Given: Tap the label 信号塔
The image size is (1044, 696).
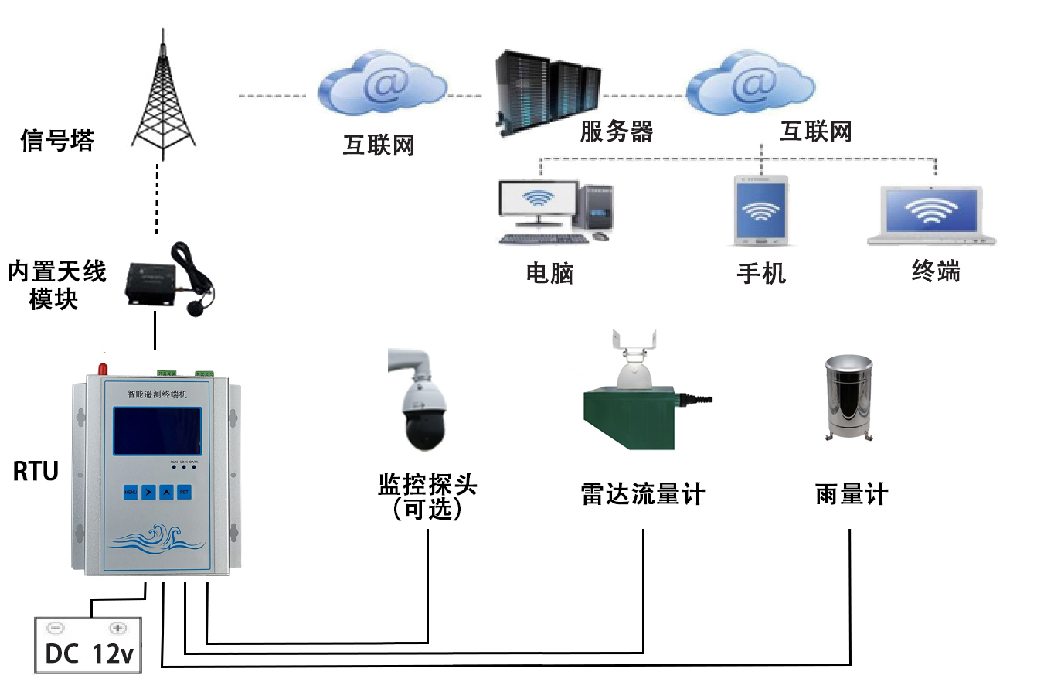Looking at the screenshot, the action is point(56,141).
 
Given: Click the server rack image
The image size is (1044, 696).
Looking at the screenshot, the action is point(547,91).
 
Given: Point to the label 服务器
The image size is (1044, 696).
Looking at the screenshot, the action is point(616,131).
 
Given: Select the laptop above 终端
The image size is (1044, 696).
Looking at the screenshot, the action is point(931,214).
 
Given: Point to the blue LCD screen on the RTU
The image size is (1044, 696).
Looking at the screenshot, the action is point(158,431).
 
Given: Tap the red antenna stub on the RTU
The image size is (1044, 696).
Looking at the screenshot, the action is point(102,363).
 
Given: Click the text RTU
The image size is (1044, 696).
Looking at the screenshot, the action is point(36,471).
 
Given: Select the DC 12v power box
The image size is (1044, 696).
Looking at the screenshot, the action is point(88,646).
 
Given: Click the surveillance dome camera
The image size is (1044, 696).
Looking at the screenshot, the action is point(420,402).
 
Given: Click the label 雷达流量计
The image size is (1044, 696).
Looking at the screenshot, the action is point(643,494).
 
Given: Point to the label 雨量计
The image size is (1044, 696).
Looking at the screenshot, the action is point(852,494).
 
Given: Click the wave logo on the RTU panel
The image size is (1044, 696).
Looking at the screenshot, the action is point(158,537).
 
